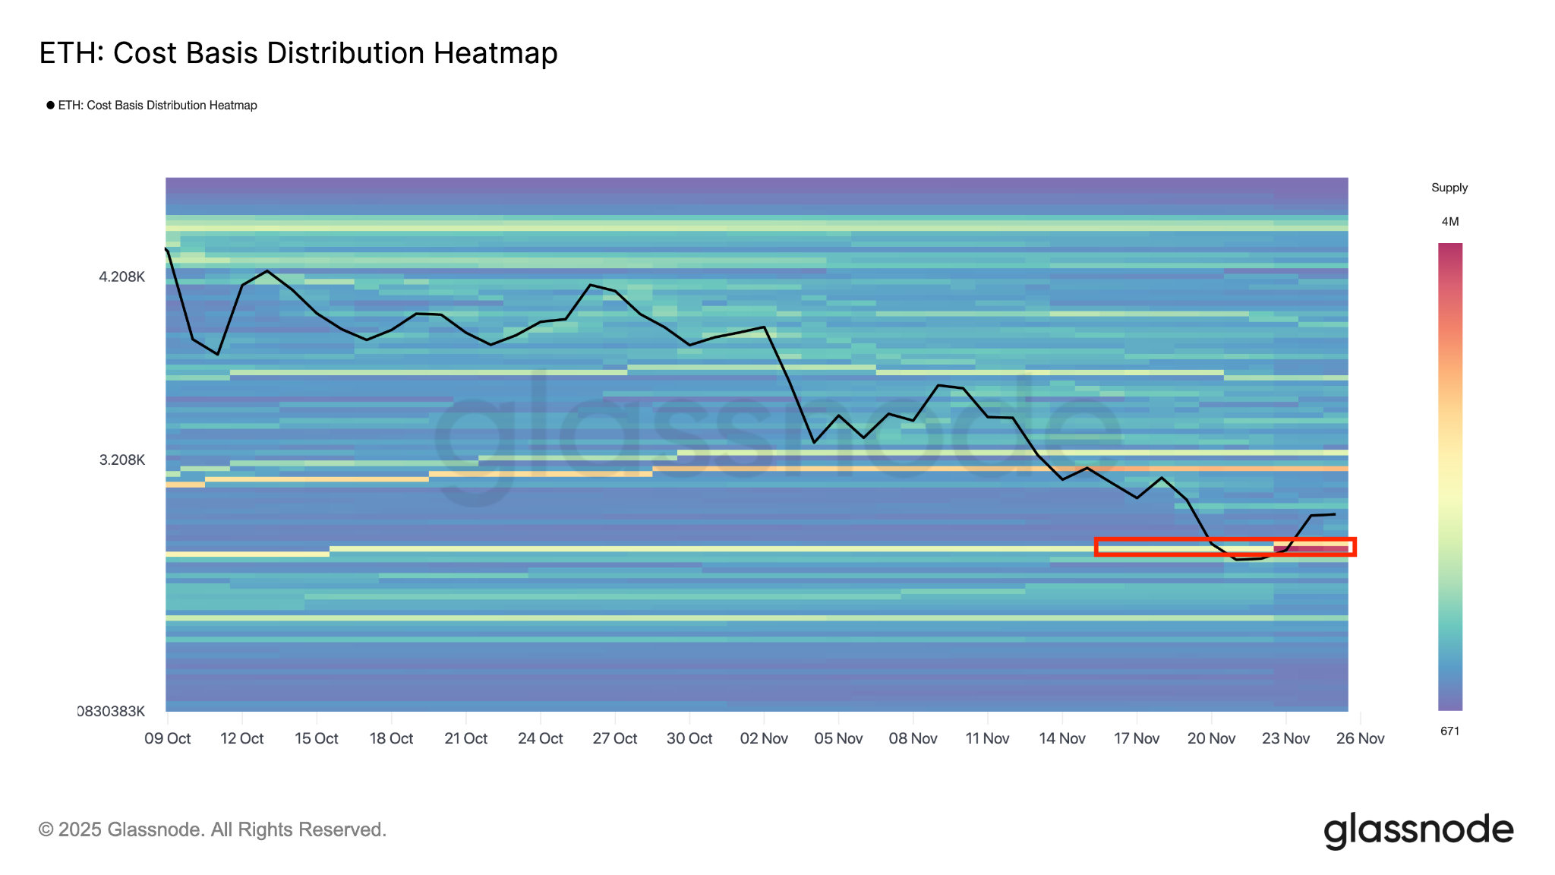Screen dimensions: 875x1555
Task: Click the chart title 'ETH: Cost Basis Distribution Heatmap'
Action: [x=298, y=53]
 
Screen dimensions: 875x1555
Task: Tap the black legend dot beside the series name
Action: [x=50, y=105]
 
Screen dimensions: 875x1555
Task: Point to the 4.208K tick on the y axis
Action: [x=121, y=276]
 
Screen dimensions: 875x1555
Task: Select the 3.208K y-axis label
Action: [x=121, y=460]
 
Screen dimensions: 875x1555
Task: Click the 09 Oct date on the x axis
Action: [x=167, y=738]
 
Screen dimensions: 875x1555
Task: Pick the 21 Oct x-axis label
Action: [x=465, y=738]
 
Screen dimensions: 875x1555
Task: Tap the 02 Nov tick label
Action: [x=764, y=738]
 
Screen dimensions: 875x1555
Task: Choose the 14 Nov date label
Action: [x=1062, y=738]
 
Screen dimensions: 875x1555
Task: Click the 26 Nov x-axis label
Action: [x=1360, y=738]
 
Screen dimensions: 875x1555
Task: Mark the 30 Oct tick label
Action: [x=689, y=738]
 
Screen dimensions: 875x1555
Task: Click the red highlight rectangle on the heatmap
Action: [x=1225, y=547]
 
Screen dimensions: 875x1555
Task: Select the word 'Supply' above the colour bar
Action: [x=1449, y=188]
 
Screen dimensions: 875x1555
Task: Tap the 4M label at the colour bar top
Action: [x=1450, y=222]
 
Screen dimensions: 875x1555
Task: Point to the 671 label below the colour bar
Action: [x=1450, y=731]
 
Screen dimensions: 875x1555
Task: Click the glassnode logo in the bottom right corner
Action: [x=1418, y=830]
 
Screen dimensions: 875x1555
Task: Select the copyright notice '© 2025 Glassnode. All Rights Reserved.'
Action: [x=213, y=829]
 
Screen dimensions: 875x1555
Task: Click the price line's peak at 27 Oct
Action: [x=591, y=285]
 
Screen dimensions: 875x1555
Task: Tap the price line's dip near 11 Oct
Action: [x=218, y=354]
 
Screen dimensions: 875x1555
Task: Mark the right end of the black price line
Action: [x=1334, y=514]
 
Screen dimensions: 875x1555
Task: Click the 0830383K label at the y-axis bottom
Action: [x=111, y=711]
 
